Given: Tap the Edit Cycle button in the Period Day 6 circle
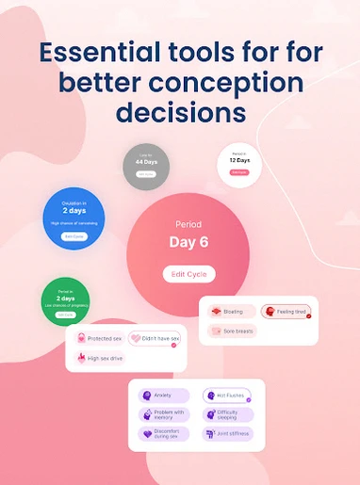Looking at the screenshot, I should point(188,274).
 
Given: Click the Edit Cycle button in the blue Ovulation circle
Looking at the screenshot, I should point(73,236).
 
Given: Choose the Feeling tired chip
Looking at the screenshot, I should point(286,311).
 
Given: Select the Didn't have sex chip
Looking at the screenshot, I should point(154,338).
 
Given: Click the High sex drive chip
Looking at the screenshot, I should point(101,358).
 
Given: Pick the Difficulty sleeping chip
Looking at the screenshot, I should point(222,414).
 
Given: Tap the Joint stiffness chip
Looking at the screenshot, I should point(222,434).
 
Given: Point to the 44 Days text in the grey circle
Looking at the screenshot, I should point(145,162).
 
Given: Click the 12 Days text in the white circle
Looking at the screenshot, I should point(239,160).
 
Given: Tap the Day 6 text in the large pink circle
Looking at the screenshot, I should point(188,242).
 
